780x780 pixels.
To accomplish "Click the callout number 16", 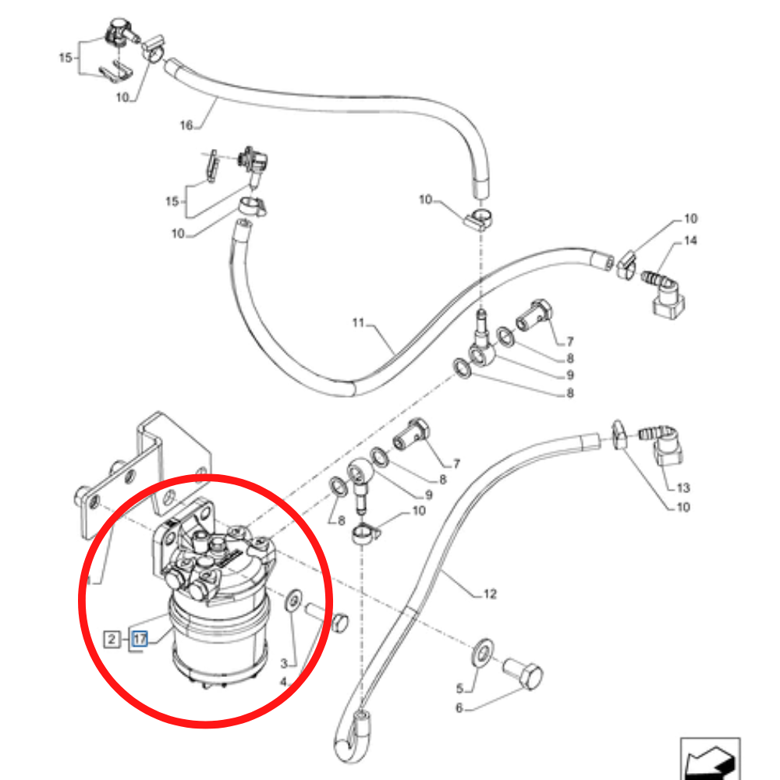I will [x=186, y=124].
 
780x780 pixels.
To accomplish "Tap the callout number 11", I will [x=358, y=322].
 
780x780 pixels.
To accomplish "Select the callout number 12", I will [x=489, y=594].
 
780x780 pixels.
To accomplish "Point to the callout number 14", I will [x=690, y=241].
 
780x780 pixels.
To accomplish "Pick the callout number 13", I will [x=683, y=488].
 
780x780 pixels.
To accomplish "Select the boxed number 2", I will [x=112, y=640].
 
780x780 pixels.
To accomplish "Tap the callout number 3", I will [x=285, y=663].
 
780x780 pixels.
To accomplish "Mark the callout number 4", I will [x=285, y=682].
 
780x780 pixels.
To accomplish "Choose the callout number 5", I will [x=460, y=689].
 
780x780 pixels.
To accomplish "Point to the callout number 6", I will [x=459, y=708].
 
